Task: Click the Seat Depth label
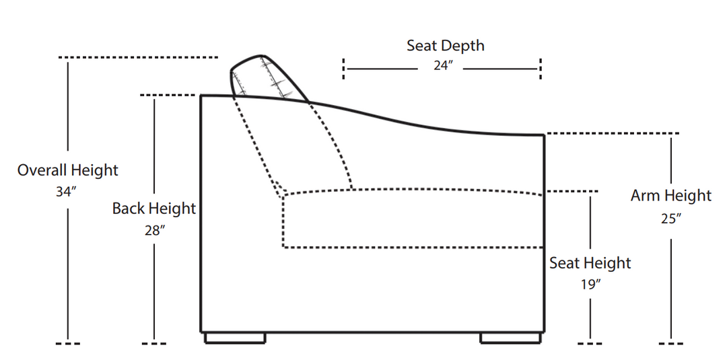pyautogui.click(x=445, y=46)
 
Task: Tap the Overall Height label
pyautogui.click(x=67, y=170)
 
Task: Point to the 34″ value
pyautogui.click(x=66, y=192)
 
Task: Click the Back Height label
pyautogui.click(x=153, y=209)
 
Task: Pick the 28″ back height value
pyautogui.click(x=154, y=230)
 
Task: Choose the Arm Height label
pyautogui.click(x=670, y=196)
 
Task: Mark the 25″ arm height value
pyautogui.click(x=671, y=218)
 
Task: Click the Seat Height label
pyautogui.click(x=590, y=263)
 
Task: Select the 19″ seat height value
pyautogui.click(x=590, y=285)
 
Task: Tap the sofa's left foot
pyautogui.click(x=234, y=338)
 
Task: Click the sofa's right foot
pyautogui.click(x=510, y=338)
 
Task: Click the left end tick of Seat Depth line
pyautogui.click(x=344, y=69)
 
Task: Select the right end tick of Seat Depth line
pyautogui.click(x=541, y=69)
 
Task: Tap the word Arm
pyautogui.click(x=645, y=196)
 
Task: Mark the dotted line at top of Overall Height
pyautogui.click(x=139, y=57)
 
